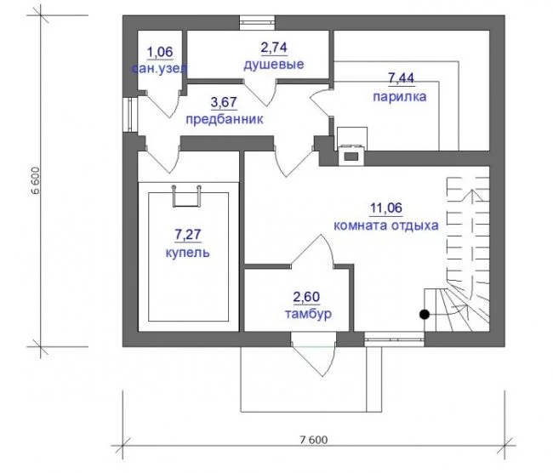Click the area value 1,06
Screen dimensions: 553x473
coord(160,52)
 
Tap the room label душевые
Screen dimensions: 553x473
coord(274,65)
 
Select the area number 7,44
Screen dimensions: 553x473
coord(401,78)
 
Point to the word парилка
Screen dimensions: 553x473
coord(400,96)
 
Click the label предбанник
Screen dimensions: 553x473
coord(225,119)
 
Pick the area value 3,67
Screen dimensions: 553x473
coord(224,102)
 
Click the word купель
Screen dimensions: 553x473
coord(187,253)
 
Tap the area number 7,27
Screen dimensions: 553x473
coord(188,235)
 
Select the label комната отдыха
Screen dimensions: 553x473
coord(386,225)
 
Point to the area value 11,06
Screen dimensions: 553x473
coord(386,208)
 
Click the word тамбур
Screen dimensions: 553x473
coord(308,314)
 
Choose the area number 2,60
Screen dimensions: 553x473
coord(306,297)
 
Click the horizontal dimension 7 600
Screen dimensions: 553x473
coord(314,440)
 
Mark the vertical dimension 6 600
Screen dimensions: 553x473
coord(36,180)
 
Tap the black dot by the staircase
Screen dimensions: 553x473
coord(425,314)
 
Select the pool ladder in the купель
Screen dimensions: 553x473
coord(186,197)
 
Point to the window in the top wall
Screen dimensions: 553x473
coord(257,23)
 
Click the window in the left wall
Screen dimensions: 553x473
coord(130,115)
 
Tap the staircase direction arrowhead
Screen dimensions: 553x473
coord(471,194)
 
